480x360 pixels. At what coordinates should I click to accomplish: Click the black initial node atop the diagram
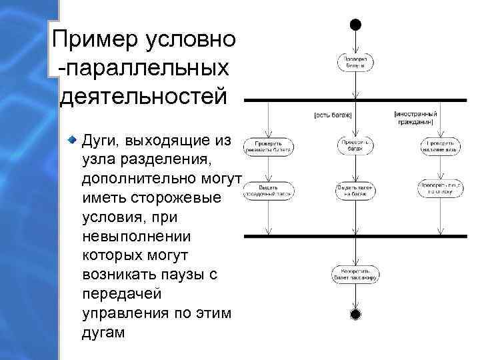pyautogui.click(x=355, y=25)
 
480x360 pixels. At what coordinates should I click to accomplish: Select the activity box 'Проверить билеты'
pyautogui.click(x=355, y=63)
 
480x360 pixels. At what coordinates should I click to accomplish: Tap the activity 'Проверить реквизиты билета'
pyautogui.click(x=267, y=146)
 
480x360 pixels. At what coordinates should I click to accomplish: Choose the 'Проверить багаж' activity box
pyautogui.click(x=355, y=146)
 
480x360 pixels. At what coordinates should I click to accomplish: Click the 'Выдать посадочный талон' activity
pyautogui.click(x=267, y=190)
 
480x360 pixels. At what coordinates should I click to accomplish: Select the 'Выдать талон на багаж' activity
pyautogui.click(x=355, y=190)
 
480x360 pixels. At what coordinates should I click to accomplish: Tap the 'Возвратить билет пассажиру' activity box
pyautogui.click(x=355, y=274)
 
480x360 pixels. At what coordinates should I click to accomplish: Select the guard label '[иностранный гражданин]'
pyautogui.click(x=415, y=117)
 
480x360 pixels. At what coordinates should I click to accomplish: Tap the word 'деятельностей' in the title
pyautogui.click(x=143, y=95)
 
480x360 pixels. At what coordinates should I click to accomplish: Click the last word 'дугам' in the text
pyautogui.click(x=103, y=332)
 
